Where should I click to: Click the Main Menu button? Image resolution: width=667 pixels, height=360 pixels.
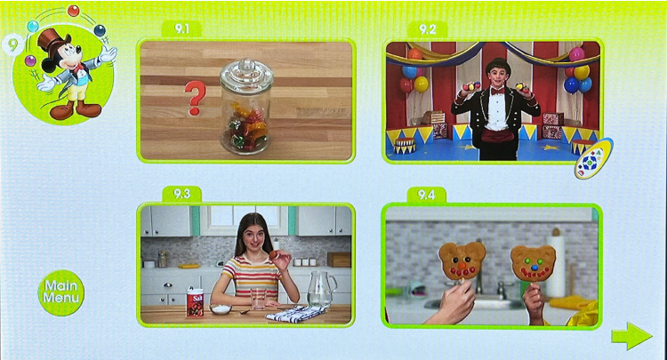point(61,292)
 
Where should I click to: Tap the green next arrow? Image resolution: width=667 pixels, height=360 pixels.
point(631,336)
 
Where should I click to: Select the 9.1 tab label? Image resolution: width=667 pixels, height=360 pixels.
point(181,29)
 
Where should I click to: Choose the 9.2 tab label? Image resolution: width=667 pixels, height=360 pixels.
point(427,29)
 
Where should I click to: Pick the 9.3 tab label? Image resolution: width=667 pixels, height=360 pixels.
point(181,194)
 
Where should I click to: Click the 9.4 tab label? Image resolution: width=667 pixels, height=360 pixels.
point(426,195)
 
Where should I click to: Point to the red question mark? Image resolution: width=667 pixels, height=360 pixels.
point(195,98)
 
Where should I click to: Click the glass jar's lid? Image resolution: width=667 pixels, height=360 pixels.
point(246,74)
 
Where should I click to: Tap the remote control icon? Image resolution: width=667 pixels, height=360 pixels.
point(593,158)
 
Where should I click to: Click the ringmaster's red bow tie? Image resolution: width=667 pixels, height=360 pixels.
point(497,91)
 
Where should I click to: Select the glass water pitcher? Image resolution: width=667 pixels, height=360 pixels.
point(321,288)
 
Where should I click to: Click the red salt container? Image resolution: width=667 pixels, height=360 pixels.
point(195,301)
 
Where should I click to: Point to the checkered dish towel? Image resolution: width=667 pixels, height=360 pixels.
point(296,313)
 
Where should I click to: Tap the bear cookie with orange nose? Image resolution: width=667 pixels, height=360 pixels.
point(462,260)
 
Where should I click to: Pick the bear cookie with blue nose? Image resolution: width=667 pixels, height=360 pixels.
point(533,263)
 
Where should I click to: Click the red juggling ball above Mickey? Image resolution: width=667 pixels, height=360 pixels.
point(74,11)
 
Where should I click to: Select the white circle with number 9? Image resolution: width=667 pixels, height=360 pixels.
point(12,44)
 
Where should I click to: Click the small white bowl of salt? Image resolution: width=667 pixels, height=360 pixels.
point(221,308)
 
